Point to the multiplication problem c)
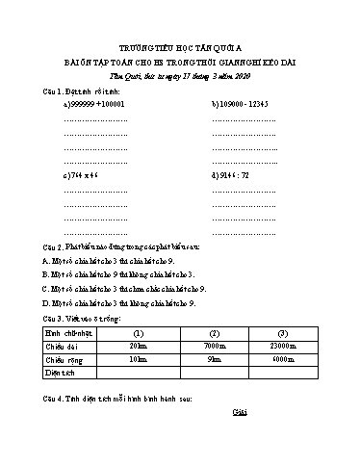point(81,177)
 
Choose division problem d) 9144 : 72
point(230,177)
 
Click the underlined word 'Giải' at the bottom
point(240,412)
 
